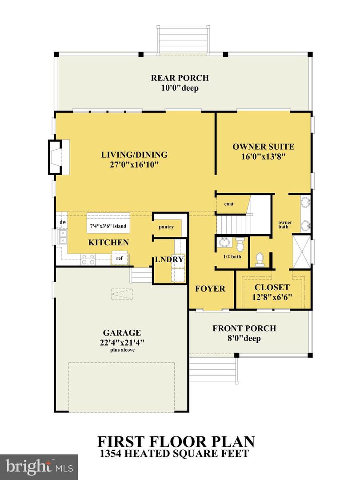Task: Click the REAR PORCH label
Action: pyautogui.click(x=180, y=78)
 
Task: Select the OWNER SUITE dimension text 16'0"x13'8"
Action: pyautogui.click(x=263, y=156)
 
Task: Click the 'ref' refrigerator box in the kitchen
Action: pyautogui.click(x=120, y=258)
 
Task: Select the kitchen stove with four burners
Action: pyautogui.click(x=88, y=259)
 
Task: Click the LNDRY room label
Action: pyautogui.click(x=169, y=260)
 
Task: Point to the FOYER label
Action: pyautogui.click(x=210, y=289)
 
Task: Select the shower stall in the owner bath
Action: pyautogui.click(x=302, y=252)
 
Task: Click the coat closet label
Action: pyautogui.click(x=229, y=204)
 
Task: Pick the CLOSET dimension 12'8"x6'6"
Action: pyautogui.click(x=272, y=297)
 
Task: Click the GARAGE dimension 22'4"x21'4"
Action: pyautogui.click(x=122, y=342)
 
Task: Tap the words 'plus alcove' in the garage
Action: pyautogui.click(x=122, y=350)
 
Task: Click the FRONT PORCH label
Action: pyautogui.click(x=244, y=329)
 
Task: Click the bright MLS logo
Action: pyautogui.click(x=39, y=466)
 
